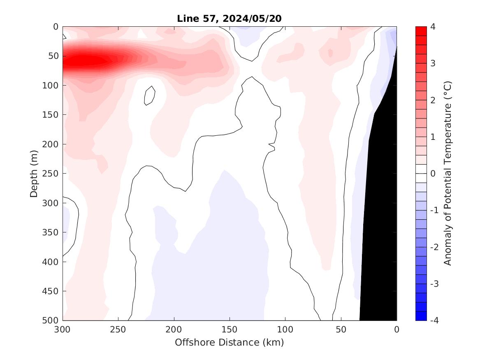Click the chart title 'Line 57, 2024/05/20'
pyautogui.click(x=229, y=19)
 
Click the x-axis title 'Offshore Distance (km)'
pyautogui.click(x=229, y=342)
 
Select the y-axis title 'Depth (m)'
pyautogui.click(x=34, y=173)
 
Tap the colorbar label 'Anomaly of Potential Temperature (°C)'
pyautogui.click(x=448, y=173)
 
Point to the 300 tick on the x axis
pyautogui.click(x=63, y=330)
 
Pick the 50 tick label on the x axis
pyautogui.click(x=341, y=330)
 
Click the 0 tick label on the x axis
pyautogui.click(x=396, y=330)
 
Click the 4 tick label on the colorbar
pyautogui.click(x=433, y=27)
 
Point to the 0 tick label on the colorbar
pyautogui.click(x=433, y=174)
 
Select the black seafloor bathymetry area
pyautogui.click(x=380, y=206)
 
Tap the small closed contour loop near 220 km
pyautogui.click(x=150, y=96)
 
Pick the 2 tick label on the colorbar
pyautogui.click(x=433, y=100)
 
